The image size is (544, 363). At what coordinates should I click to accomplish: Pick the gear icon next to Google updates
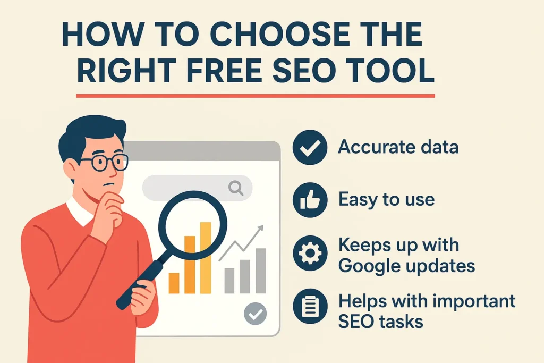click(310, 254)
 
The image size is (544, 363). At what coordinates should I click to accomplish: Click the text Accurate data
click(398, 147)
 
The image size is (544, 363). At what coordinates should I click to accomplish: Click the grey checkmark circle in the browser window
click(255, 314)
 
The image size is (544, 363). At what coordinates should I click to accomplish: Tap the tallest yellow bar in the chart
click(205, 258)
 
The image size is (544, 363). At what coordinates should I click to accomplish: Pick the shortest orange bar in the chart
click(174, 283)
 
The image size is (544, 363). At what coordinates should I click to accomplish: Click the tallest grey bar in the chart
click(260, 271)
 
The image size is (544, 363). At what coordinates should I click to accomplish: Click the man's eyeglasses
click(104, 162)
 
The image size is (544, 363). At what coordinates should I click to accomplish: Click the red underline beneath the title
click(255, 96)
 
